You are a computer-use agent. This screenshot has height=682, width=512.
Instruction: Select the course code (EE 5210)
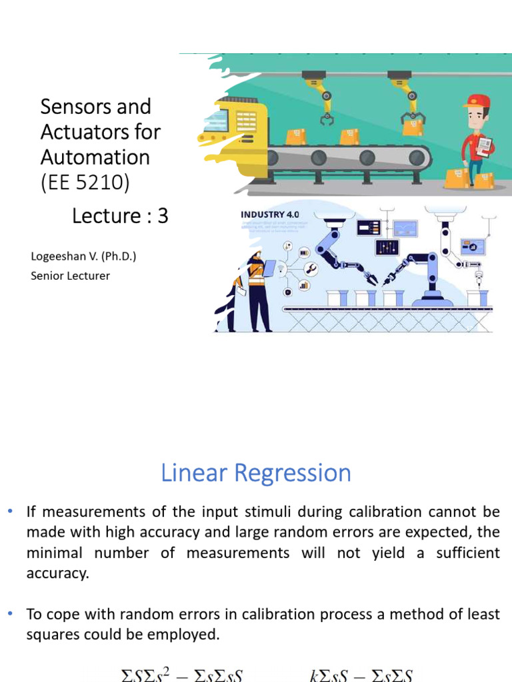[85, 182]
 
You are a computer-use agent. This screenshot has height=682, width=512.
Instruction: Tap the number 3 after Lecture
[163, 216]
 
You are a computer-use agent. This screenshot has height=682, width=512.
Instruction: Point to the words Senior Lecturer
[70, 275]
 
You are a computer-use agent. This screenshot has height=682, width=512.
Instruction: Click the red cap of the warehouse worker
[477, 101]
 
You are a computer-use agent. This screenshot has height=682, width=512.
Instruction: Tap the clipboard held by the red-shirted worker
[485, 145]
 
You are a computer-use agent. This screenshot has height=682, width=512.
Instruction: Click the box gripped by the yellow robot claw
[413, 127]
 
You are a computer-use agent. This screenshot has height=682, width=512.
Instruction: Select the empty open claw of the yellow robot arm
[327, 119]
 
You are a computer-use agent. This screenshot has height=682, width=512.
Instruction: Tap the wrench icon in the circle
[310, 268]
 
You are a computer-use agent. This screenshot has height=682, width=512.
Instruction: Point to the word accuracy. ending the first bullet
[57, 573]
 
